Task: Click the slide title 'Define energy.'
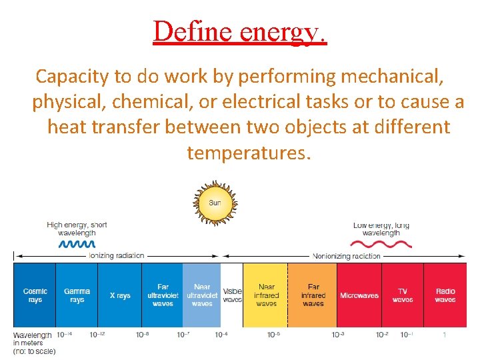[x=240, y=31]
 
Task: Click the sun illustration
[x=215, y=202]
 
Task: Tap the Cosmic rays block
[x=35, y=295]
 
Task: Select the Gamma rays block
[x=77, y=295]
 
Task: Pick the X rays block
[x=120, y=295]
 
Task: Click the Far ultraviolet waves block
[x=163, y=295]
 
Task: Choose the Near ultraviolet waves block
[x=201, y=295]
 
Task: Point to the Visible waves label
[x=232, y=295]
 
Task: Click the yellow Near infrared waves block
[x=266, y=295]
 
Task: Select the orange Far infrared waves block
[x=313, y=295]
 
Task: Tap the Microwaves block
[x=359, y=295]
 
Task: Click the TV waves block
[x=403, y=295]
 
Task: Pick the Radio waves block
[x=445, y=295]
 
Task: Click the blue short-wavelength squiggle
[x=77, y=244]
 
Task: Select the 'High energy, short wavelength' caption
[x=77, y=229]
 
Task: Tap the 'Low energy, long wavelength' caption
[x=381, y=229]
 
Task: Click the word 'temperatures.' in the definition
[x=249, y=153]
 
